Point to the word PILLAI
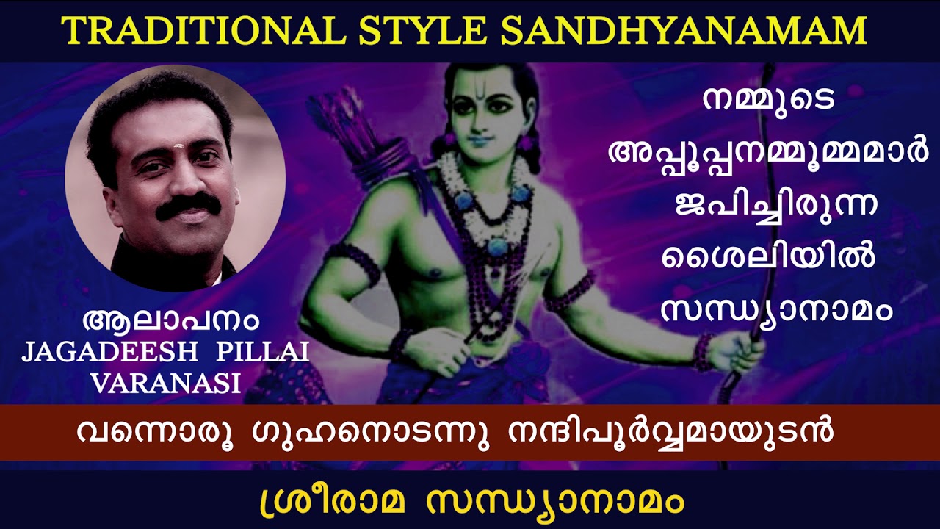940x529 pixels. click(x=262, y=352)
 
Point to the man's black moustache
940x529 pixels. click(x=188, y=205)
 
